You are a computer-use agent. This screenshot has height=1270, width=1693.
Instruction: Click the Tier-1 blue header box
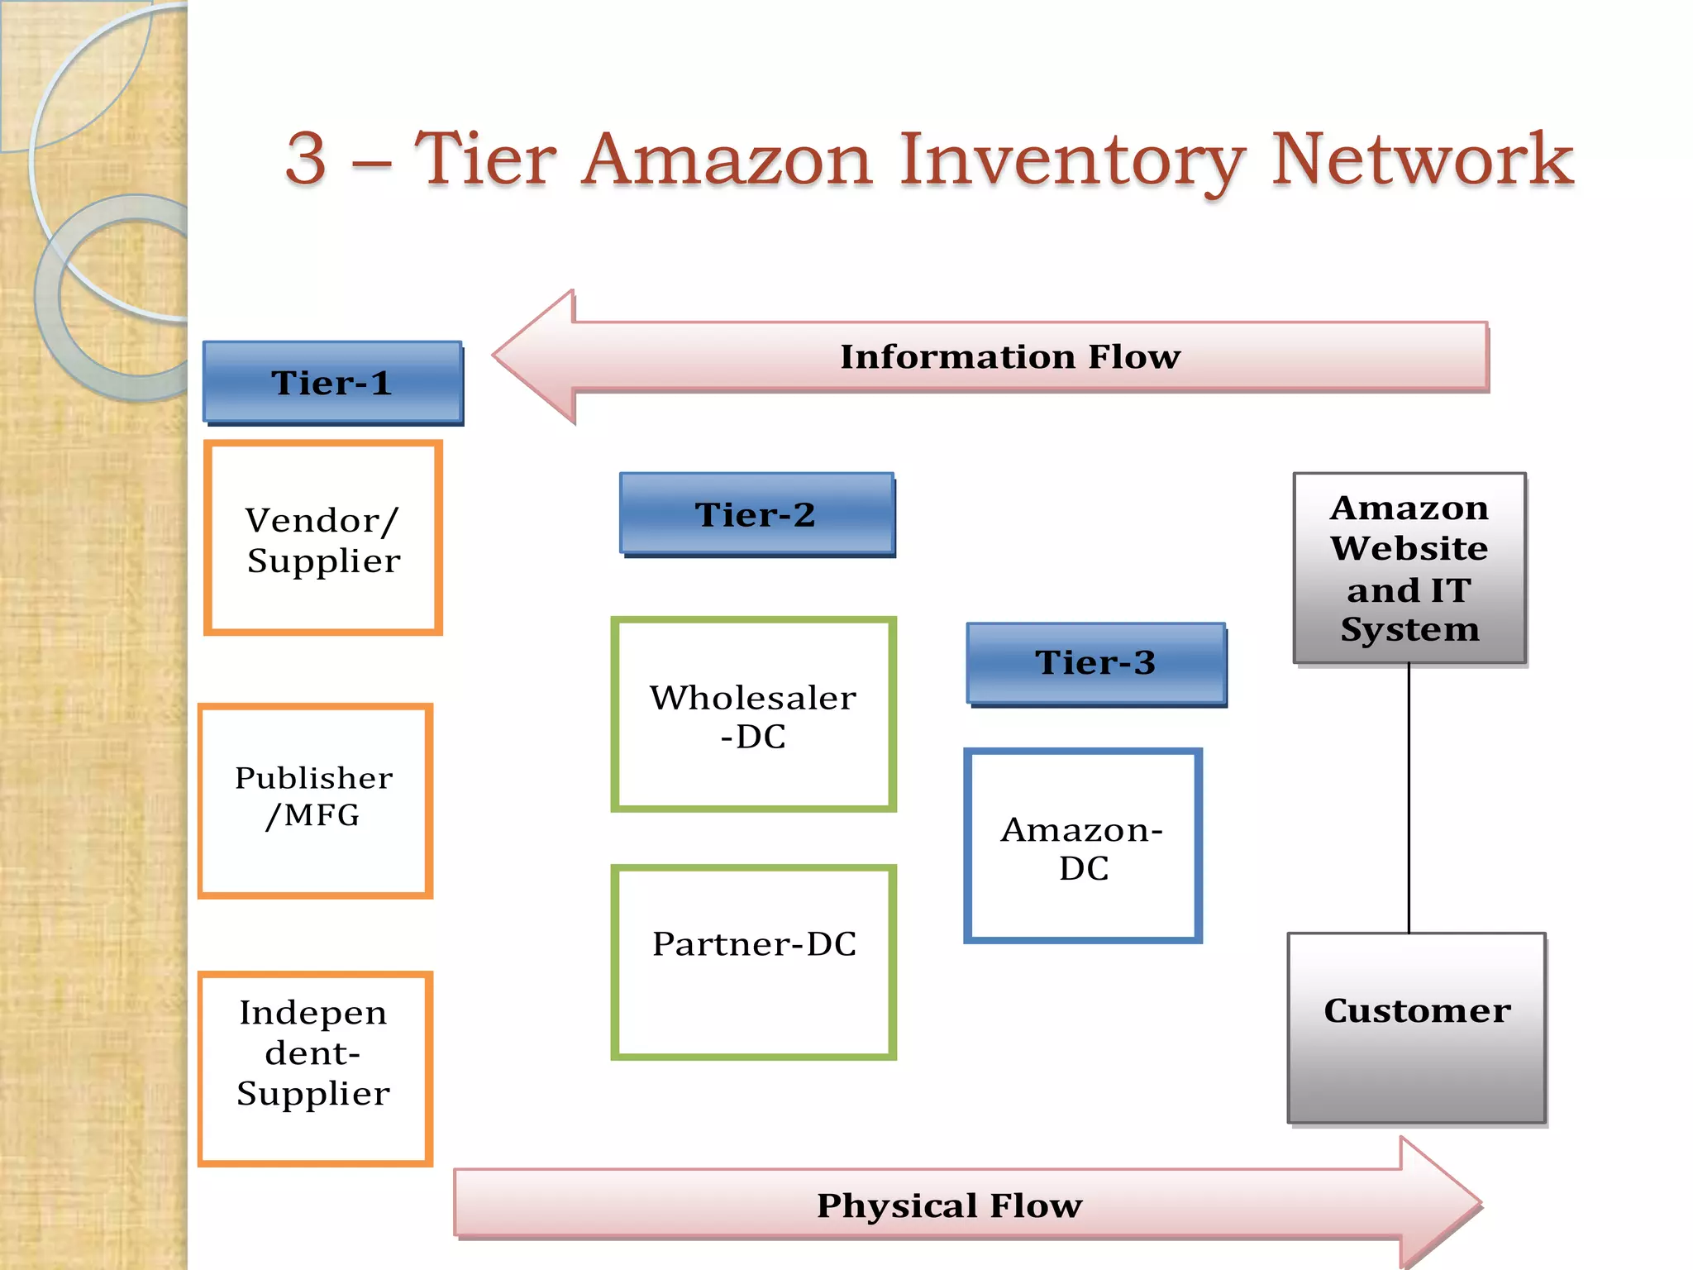332,383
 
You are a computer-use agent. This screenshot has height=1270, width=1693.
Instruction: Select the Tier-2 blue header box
756,514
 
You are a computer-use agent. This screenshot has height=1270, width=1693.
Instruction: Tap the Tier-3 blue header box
1096,663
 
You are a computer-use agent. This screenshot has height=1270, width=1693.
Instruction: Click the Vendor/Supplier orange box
323,538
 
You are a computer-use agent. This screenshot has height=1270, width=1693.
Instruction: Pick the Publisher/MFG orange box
315,800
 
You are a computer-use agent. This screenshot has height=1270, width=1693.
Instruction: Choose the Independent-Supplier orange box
315,1068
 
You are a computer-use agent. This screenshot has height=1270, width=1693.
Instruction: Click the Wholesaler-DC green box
753,714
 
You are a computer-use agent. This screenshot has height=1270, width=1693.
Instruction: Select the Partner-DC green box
753,962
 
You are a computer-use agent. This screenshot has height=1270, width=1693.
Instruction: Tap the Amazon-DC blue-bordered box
1082,846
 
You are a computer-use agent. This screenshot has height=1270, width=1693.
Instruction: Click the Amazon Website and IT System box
1409,568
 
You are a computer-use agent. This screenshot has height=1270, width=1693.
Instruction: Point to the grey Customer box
1416,1028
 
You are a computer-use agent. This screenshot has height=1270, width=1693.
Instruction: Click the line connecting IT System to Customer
1409,799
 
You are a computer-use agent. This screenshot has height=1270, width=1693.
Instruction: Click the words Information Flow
1010,356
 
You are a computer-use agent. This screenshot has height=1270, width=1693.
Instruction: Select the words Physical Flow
949,1206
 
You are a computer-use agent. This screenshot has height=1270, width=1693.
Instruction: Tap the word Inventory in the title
1071,161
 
